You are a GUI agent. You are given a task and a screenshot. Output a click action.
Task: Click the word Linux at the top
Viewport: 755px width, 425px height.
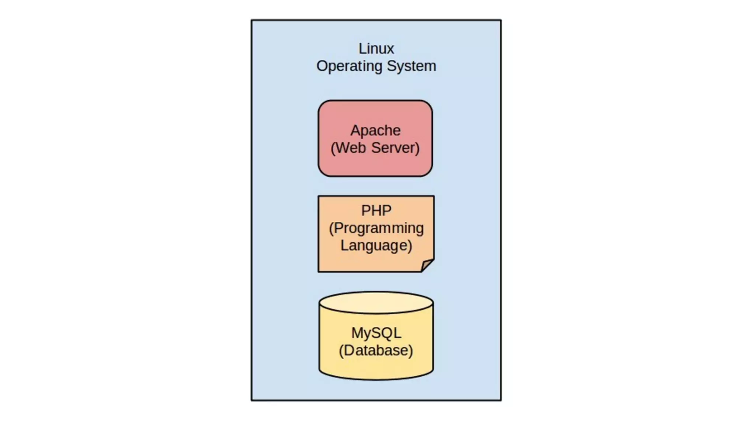376,49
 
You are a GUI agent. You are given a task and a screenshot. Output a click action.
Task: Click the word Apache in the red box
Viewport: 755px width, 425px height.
375,131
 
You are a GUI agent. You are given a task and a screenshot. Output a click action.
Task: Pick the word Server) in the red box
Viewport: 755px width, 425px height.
396,148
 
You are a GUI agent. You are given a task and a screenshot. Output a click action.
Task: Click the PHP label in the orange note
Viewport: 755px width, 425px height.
376,211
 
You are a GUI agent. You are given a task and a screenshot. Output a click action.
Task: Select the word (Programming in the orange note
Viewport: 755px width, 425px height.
376,228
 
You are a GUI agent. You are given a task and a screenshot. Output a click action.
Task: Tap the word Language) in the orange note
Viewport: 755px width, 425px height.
376,246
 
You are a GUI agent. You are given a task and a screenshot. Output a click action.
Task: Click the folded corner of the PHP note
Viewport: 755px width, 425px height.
427,265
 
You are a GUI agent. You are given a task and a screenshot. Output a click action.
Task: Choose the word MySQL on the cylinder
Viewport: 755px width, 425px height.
376,333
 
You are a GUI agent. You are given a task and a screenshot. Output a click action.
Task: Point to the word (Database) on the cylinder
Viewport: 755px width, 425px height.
376,350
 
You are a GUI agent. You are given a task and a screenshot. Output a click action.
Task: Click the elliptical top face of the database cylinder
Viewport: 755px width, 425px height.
376,302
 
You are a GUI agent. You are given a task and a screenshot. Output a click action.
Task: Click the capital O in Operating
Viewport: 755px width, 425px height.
322,66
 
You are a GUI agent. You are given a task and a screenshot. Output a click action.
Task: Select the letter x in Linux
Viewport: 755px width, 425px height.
390,49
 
